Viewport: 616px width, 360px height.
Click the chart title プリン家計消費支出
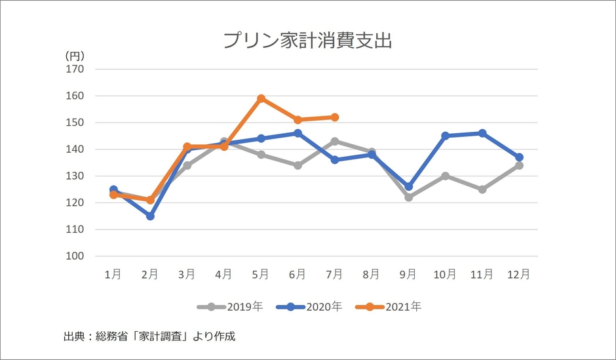point(307,41)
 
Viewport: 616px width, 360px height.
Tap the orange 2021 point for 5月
point(261,98)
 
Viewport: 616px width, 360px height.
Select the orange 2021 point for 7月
point(335,117)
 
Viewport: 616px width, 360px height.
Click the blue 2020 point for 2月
point(150,216)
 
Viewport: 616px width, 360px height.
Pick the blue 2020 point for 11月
point(482,133)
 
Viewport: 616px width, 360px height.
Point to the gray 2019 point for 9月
point(409,197)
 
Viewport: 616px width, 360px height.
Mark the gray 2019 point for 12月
point(519,165)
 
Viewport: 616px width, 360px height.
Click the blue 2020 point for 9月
point(409,187)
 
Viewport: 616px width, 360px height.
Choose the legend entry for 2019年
point(230,306)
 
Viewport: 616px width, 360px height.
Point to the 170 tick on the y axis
point(75,69)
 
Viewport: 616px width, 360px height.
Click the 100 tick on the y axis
point(75,256)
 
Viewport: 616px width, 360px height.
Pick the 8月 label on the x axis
point(372,275)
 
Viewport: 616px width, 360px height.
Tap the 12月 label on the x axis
point(519,275)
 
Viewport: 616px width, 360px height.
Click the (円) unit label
point(75,56)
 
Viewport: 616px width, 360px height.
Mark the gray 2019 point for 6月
point(298,165)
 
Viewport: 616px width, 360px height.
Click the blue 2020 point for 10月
point(446,136)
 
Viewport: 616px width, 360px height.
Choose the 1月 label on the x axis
point(113,275)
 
